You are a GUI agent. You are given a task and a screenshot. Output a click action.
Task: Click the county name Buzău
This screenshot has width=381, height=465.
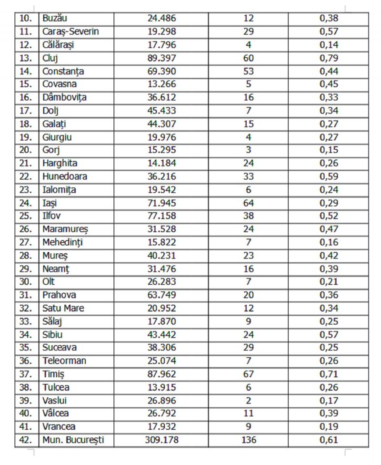55,19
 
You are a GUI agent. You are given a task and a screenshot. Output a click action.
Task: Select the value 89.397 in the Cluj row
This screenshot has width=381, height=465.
161,58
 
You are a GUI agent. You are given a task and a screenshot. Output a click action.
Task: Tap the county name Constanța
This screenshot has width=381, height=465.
63,72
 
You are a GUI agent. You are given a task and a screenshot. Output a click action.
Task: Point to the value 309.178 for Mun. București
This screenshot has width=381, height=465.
161,440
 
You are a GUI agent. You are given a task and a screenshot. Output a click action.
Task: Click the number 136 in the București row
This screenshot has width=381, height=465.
249,440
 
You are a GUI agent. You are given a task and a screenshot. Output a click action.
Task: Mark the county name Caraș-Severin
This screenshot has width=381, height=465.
71,32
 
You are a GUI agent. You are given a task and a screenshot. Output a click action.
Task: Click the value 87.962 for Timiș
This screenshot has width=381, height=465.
161,374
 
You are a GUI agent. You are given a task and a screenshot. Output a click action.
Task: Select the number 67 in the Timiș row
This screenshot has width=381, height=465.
249,374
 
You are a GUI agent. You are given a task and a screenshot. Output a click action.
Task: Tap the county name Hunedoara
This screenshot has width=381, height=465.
65,176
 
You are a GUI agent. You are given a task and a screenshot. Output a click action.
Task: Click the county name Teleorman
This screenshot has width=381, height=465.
64,361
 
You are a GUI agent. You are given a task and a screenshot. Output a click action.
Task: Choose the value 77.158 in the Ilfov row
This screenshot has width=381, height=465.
161,216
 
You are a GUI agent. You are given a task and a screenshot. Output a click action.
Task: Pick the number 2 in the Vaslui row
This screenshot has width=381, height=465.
249,401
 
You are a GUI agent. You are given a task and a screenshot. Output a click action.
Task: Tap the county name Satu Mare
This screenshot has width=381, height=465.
63,308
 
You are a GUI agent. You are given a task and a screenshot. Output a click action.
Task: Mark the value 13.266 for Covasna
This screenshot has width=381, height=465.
161,84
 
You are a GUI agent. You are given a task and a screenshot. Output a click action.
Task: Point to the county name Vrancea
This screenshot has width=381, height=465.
59,427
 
